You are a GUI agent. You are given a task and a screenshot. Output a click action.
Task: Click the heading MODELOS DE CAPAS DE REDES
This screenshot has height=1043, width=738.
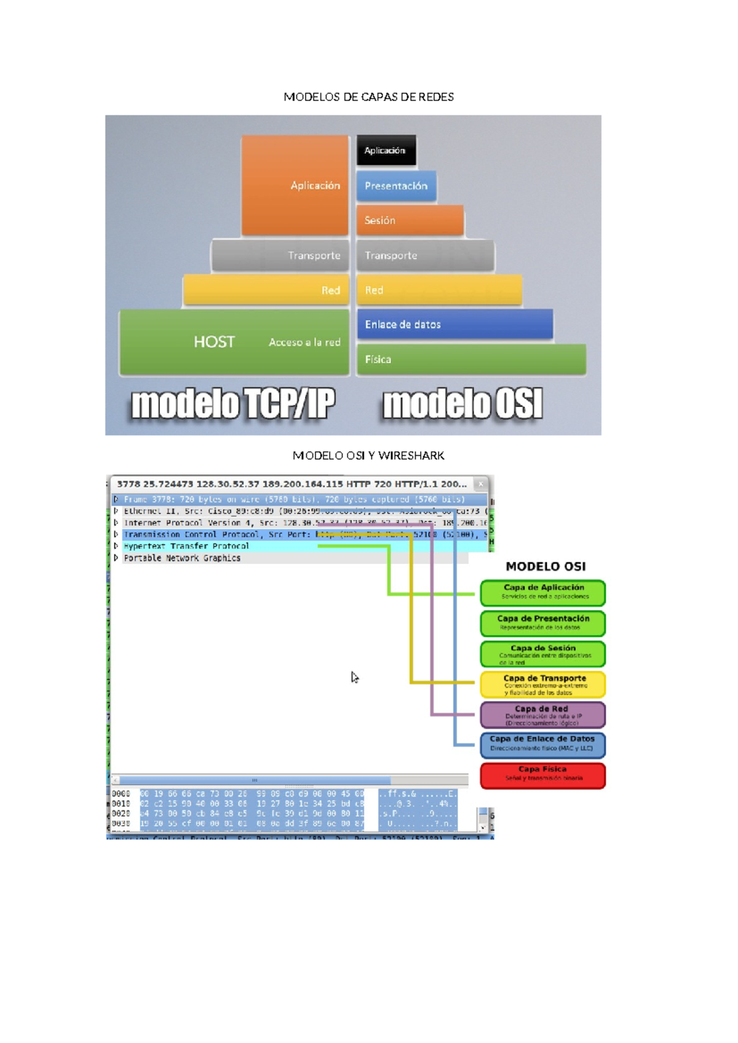point(368,97)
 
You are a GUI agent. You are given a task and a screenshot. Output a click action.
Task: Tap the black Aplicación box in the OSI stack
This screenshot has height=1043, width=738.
point(386,151)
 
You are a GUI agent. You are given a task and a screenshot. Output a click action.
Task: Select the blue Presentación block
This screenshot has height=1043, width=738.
point(396,186)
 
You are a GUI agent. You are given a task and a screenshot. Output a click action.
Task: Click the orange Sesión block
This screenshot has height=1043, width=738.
point(409,220)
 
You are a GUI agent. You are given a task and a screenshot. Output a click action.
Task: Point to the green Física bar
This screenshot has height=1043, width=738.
point(470,359)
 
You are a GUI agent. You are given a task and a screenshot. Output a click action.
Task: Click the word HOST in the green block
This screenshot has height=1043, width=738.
point(214,342)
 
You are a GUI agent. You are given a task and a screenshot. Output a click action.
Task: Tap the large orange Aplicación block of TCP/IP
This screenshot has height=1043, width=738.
point(295,185)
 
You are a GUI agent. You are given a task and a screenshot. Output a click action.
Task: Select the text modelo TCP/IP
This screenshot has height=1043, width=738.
point(233,405)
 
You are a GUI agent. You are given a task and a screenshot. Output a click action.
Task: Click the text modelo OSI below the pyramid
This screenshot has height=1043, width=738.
point(462,405)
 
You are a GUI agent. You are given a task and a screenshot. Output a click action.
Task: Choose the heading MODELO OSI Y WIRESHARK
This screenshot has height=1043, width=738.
point(368,456)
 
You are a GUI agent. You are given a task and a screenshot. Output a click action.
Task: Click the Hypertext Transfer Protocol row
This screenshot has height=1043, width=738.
point(186,546)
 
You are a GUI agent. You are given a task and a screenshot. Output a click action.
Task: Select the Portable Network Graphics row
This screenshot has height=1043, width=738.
point(182,558)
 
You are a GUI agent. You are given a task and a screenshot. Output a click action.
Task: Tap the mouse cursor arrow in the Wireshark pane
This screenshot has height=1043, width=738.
point(354,677)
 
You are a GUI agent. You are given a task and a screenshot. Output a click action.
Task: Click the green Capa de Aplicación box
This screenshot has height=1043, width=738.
point(543,592)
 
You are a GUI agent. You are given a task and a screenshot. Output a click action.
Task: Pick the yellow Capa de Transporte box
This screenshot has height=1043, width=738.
point(543,684)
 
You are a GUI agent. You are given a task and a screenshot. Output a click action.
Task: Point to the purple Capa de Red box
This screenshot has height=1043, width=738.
point(543,715)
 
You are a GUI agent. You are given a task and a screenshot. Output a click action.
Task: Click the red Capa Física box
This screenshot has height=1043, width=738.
point(543,775)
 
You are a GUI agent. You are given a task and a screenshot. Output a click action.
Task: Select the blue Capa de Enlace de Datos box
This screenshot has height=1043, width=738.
point(543,744)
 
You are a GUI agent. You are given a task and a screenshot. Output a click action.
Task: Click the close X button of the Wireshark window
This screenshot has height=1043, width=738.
point(481,484)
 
